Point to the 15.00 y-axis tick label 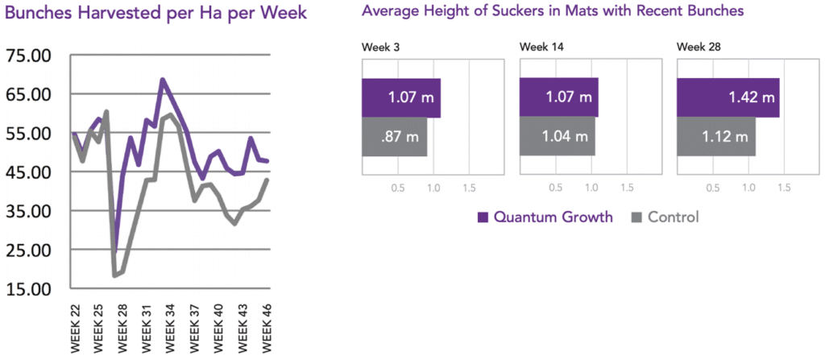[28, 288]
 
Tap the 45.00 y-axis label [28, 172]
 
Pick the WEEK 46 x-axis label [265, 326]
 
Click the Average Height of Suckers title [552, 11]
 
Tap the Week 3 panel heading [381, 48]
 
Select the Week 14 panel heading [541, 48]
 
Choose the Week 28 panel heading [699, 48]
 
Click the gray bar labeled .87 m [395, 137]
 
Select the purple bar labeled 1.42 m [728, 98]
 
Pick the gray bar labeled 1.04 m [558, 137]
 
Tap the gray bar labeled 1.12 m [716, 137]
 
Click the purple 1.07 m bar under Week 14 [559, 98]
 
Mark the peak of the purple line [162, 79]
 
